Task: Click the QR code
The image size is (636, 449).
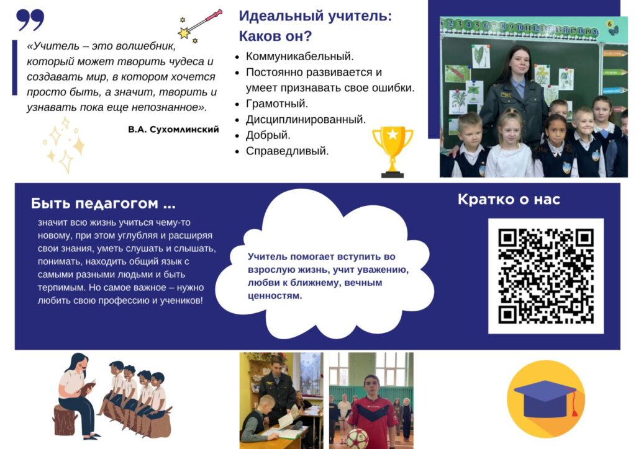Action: pos(545,276)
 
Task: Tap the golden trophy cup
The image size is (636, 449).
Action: pos(393,152)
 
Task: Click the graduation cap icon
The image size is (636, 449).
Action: pos(545,399)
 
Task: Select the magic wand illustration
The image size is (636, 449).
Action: pos(200,26)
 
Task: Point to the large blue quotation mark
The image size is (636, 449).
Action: pos(30,20)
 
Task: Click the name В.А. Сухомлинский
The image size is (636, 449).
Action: pos(173,130)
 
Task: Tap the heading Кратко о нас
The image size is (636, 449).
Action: pos(509,199)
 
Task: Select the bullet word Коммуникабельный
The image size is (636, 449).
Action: pos(300,56)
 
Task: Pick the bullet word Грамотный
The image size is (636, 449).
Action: pos(277,104)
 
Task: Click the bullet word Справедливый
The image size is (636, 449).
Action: pos(287,151)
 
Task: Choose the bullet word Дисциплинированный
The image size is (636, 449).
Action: pos(306,120)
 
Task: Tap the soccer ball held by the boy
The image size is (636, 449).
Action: pos(357,439)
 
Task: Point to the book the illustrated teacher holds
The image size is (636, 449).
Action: pos(87,388)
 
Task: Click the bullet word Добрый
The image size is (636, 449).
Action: pos(268,135)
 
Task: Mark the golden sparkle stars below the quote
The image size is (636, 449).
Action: pos(64,145)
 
